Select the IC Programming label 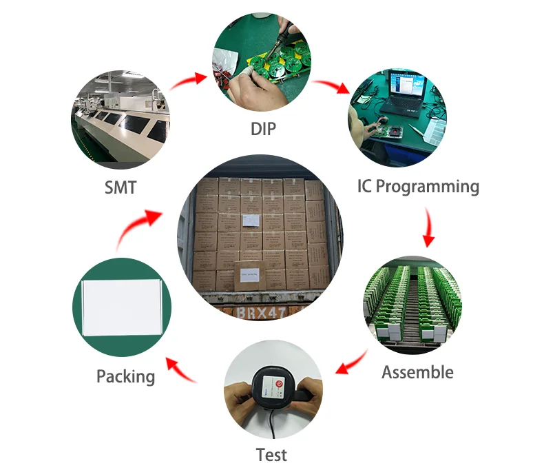pos(418,186)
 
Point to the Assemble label pos(417,372)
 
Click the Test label pos(271,455)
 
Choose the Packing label pos(125,376)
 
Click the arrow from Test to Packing pos(180,369)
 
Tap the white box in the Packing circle pos(122,308)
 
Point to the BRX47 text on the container pos(261,312)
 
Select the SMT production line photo pos(121,121)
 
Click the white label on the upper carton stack pos(250,220)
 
